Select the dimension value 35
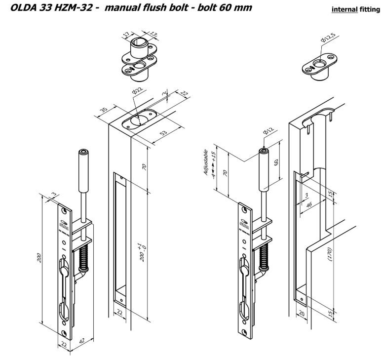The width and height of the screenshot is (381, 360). tap(103, 108)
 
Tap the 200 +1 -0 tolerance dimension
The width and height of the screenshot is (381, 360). tap(141, 252)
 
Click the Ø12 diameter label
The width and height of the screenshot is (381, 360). tap(267, 130)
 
